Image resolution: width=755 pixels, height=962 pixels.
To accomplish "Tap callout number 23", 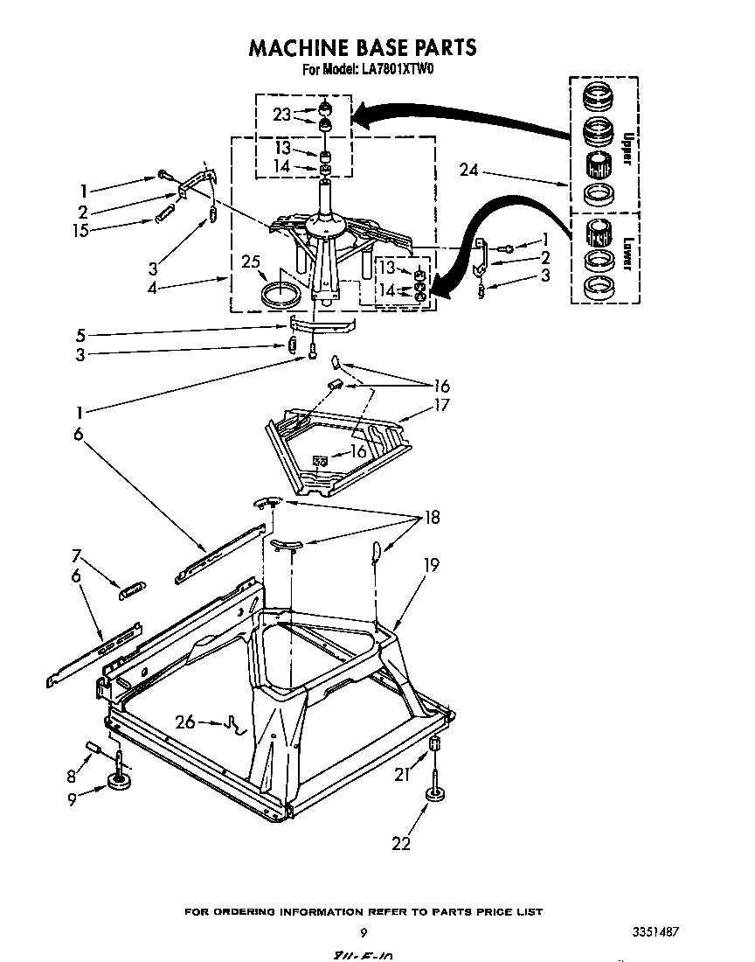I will pyautogui.click(x=281, y=114).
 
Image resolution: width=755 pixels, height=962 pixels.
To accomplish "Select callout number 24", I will pyautogui.click(x=469, y=171).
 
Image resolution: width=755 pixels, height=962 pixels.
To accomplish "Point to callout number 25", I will pyautogui.click(x=251, y=261).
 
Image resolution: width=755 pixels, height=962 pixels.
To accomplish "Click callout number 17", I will pyautogui.click(x=440, y=405).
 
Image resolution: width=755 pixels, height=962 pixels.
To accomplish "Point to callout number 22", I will pyautogui.click(x=401, y=843).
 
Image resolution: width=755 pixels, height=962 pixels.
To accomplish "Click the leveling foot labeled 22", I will pyautogui.click(x=434, y=795).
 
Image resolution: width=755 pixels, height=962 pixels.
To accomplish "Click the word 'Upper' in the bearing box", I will pyautogui.click(x=626, y=149).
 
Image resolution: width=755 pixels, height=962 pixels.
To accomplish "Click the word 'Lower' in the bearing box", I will pyautogui.click(x=626, y=255).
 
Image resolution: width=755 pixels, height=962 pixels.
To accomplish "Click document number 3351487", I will pyautogui.click(x=655, y=931).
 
